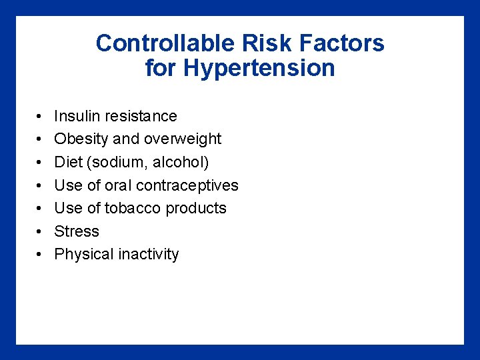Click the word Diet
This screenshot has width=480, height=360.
pos(69,162)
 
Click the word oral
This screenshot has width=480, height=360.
pos(118,185)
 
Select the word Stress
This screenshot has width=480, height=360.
pos(77,231)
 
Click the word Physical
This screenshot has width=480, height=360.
pos(83,255)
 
